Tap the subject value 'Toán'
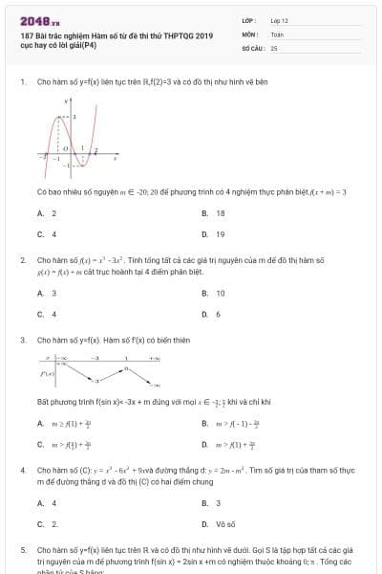coord(277,33)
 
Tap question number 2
coord(22,259)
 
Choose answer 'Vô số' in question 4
coord(222,523)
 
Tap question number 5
coord(22,551)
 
